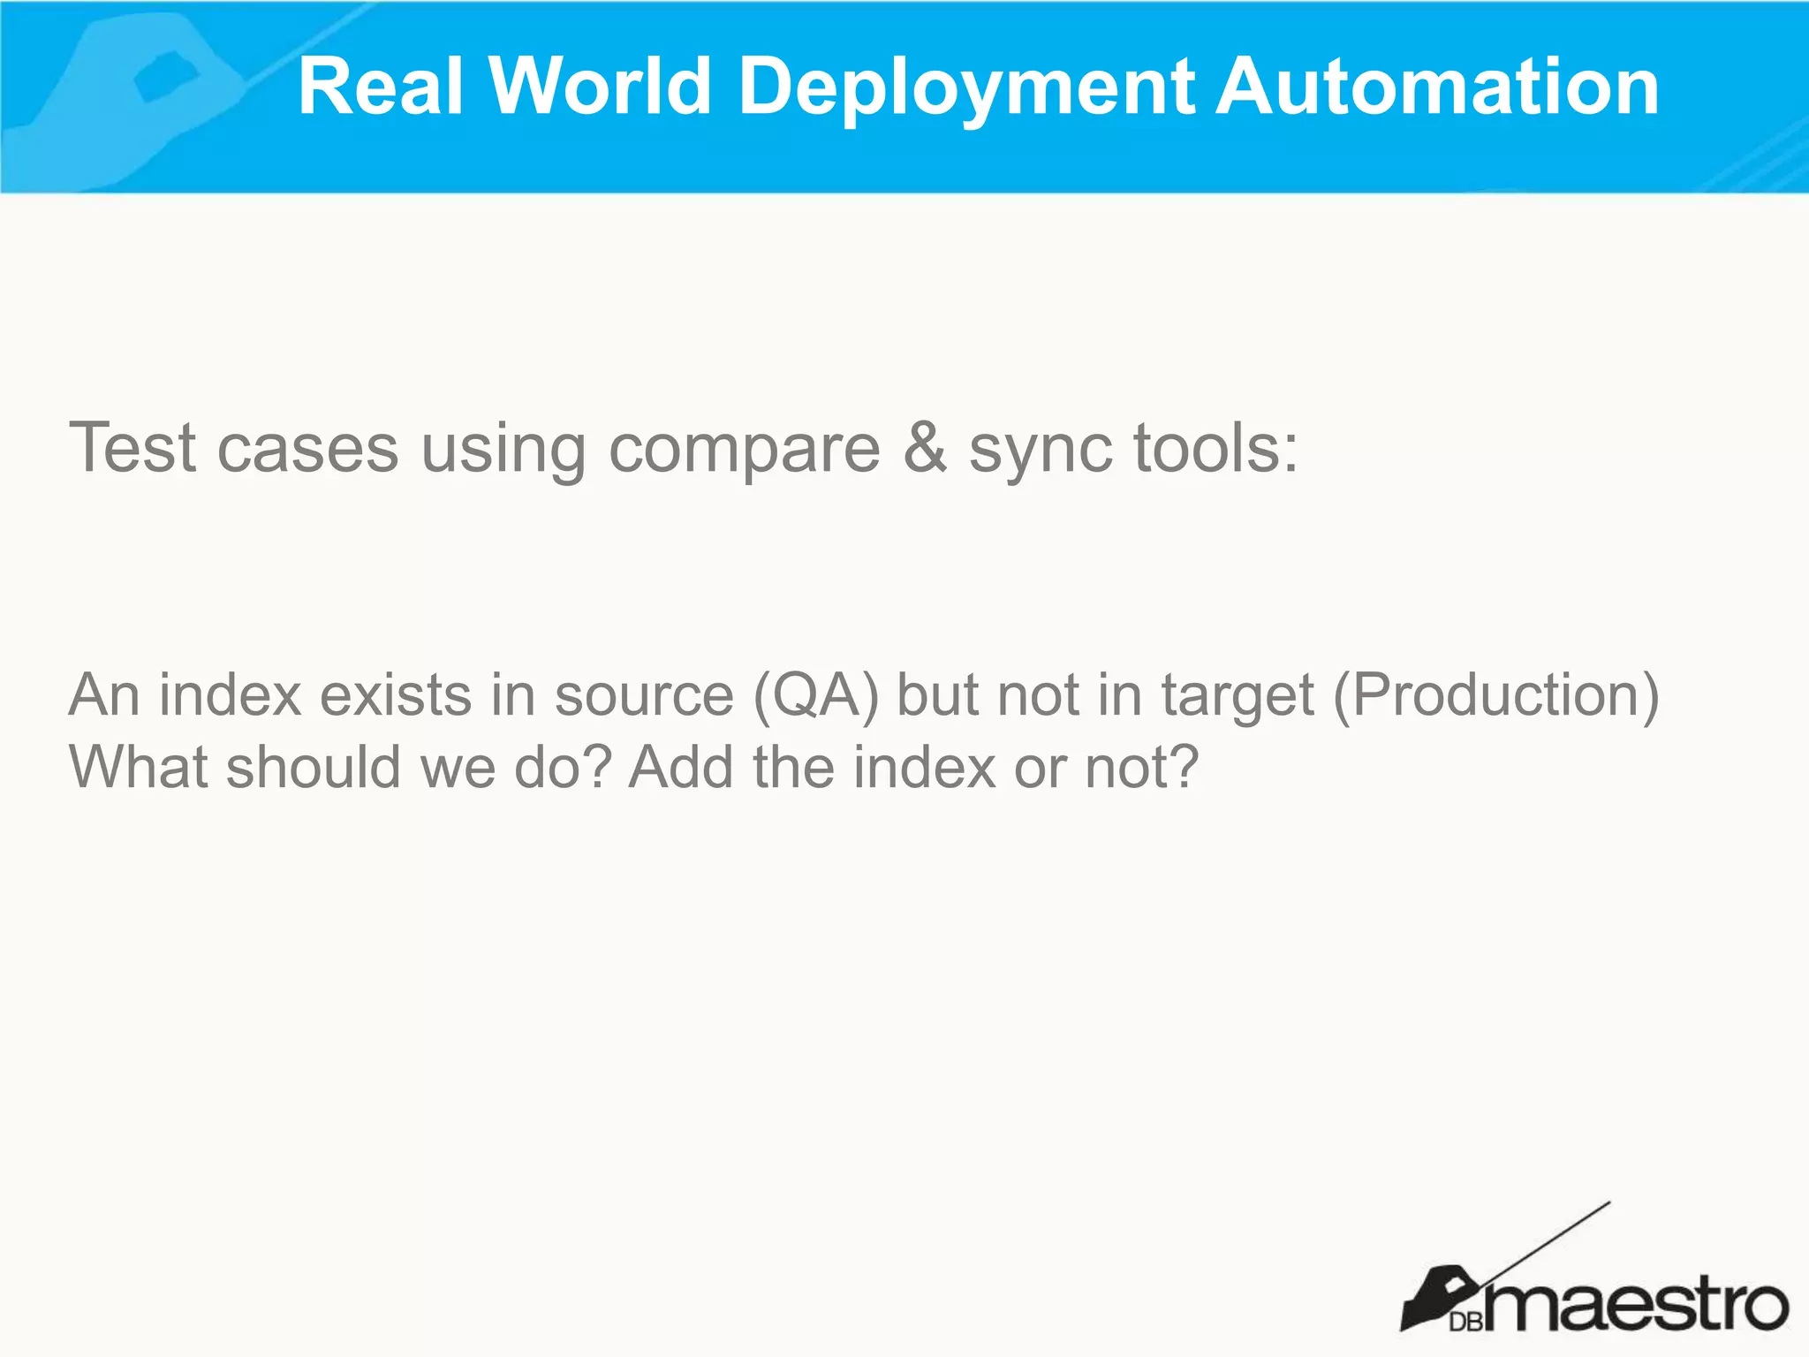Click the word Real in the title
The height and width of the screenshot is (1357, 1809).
click(x=381, y=87)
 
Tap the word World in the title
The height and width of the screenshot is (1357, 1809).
click(x=600, y=87)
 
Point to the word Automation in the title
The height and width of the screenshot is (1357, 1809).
click(x=1437, y=87)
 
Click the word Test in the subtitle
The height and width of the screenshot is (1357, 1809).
click(x=132, y=448)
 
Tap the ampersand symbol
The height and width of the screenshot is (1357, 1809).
click(x=924, y=448)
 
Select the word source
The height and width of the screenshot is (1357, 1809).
click(x=644, y=695)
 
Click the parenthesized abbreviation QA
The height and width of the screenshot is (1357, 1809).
click(x=816, y=695)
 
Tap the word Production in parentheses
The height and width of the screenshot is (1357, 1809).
click(x=1496, y=695)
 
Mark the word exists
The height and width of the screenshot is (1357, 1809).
click(x=395, y=694)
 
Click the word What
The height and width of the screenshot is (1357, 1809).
click(x=138, y=766)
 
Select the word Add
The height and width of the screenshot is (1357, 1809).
click(x=681, y=766)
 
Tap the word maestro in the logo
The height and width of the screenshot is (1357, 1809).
click(x=1634, y=1304)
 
